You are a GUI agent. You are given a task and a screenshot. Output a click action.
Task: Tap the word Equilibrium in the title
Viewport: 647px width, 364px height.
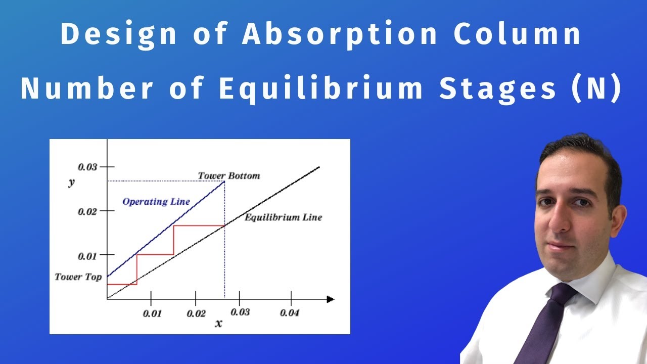pos(321,88)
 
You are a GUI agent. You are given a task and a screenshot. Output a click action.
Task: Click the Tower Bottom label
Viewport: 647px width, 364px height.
pos(229,176)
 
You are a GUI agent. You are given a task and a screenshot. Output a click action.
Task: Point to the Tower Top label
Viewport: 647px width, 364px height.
pos(78,277)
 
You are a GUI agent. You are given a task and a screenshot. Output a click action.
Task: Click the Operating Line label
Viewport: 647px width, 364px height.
pos(156,202)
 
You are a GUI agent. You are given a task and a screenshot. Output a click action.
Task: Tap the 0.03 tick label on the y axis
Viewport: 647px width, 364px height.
pos(87,167)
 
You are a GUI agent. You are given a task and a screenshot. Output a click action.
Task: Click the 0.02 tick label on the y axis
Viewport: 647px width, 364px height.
pos(87,211)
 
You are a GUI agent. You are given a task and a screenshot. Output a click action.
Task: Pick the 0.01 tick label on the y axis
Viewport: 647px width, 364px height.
pos(87,256)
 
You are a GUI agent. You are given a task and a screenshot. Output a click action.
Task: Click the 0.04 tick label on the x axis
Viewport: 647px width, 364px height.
pos(290,313)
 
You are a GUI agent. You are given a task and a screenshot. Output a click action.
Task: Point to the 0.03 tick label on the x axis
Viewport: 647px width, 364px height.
pos(240,312)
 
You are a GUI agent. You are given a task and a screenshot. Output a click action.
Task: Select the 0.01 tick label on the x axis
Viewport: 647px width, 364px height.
pos(152,313)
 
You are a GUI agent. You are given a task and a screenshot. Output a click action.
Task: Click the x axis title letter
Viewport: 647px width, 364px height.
pos(218,323)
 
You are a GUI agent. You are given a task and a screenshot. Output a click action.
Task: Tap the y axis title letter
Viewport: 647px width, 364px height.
pos(71,183)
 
